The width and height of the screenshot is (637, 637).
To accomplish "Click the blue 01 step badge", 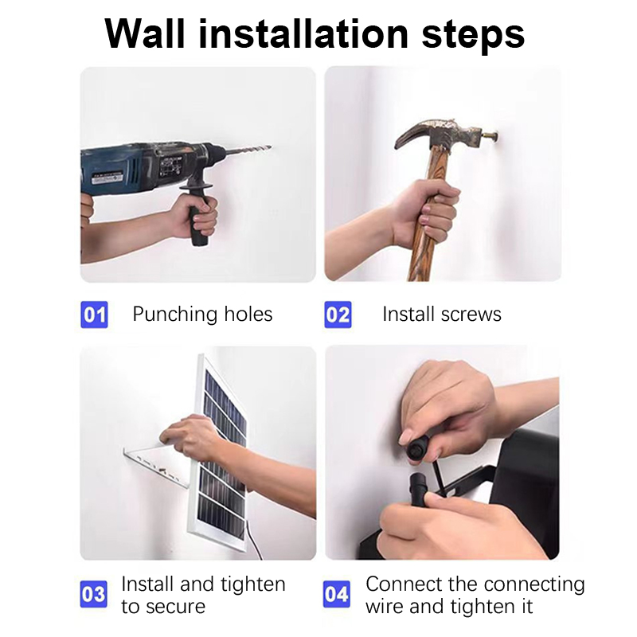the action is [94, 315].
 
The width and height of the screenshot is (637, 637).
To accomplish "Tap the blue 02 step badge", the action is [338, 315].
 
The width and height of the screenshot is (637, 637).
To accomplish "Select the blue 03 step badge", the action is [94, 594].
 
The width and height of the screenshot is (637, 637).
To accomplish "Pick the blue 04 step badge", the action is [337, 594].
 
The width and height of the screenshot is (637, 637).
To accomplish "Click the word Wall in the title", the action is [145, 33].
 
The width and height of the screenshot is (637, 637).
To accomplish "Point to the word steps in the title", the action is [473, 36].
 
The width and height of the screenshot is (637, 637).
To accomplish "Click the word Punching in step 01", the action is [174, 315].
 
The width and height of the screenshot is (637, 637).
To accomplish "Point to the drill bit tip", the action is [272, 147].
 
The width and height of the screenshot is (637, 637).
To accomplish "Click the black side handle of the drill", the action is [198, 215].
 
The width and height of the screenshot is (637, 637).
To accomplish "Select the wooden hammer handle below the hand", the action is [422, 260].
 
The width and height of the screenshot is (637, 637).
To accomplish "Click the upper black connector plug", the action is [416, 448].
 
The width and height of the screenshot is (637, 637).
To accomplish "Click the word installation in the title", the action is [303, 33].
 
